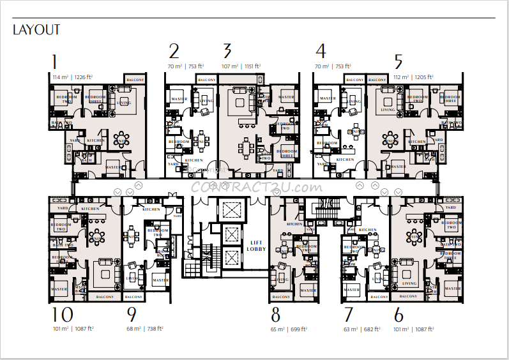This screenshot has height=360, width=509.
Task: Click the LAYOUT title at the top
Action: click(36, 29)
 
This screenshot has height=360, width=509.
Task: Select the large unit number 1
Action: click(54, 62)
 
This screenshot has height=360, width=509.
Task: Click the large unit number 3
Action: click(227, 52)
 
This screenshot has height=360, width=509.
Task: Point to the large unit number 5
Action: click(399, 62)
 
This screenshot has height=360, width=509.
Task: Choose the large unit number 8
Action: click(276, 315)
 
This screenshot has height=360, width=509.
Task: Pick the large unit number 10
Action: click(63, 315)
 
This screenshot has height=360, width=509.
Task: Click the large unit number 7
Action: click(348, 315)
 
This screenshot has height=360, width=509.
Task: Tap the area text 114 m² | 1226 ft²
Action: click(72, 76)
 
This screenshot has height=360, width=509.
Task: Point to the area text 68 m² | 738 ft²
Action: click(145, 328)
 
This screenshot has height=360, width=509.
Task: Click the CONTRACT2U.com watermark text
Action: click(256, 187)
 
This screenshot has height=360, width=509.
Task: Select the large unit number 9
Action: click(132, 315)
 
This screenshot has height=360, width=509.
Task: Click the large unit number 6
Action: click(399, 315)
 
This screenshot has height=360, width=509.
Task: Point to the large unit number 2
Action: click(174, 52)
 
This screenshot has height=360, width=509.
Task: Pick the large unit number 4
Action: click(321, 52)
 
